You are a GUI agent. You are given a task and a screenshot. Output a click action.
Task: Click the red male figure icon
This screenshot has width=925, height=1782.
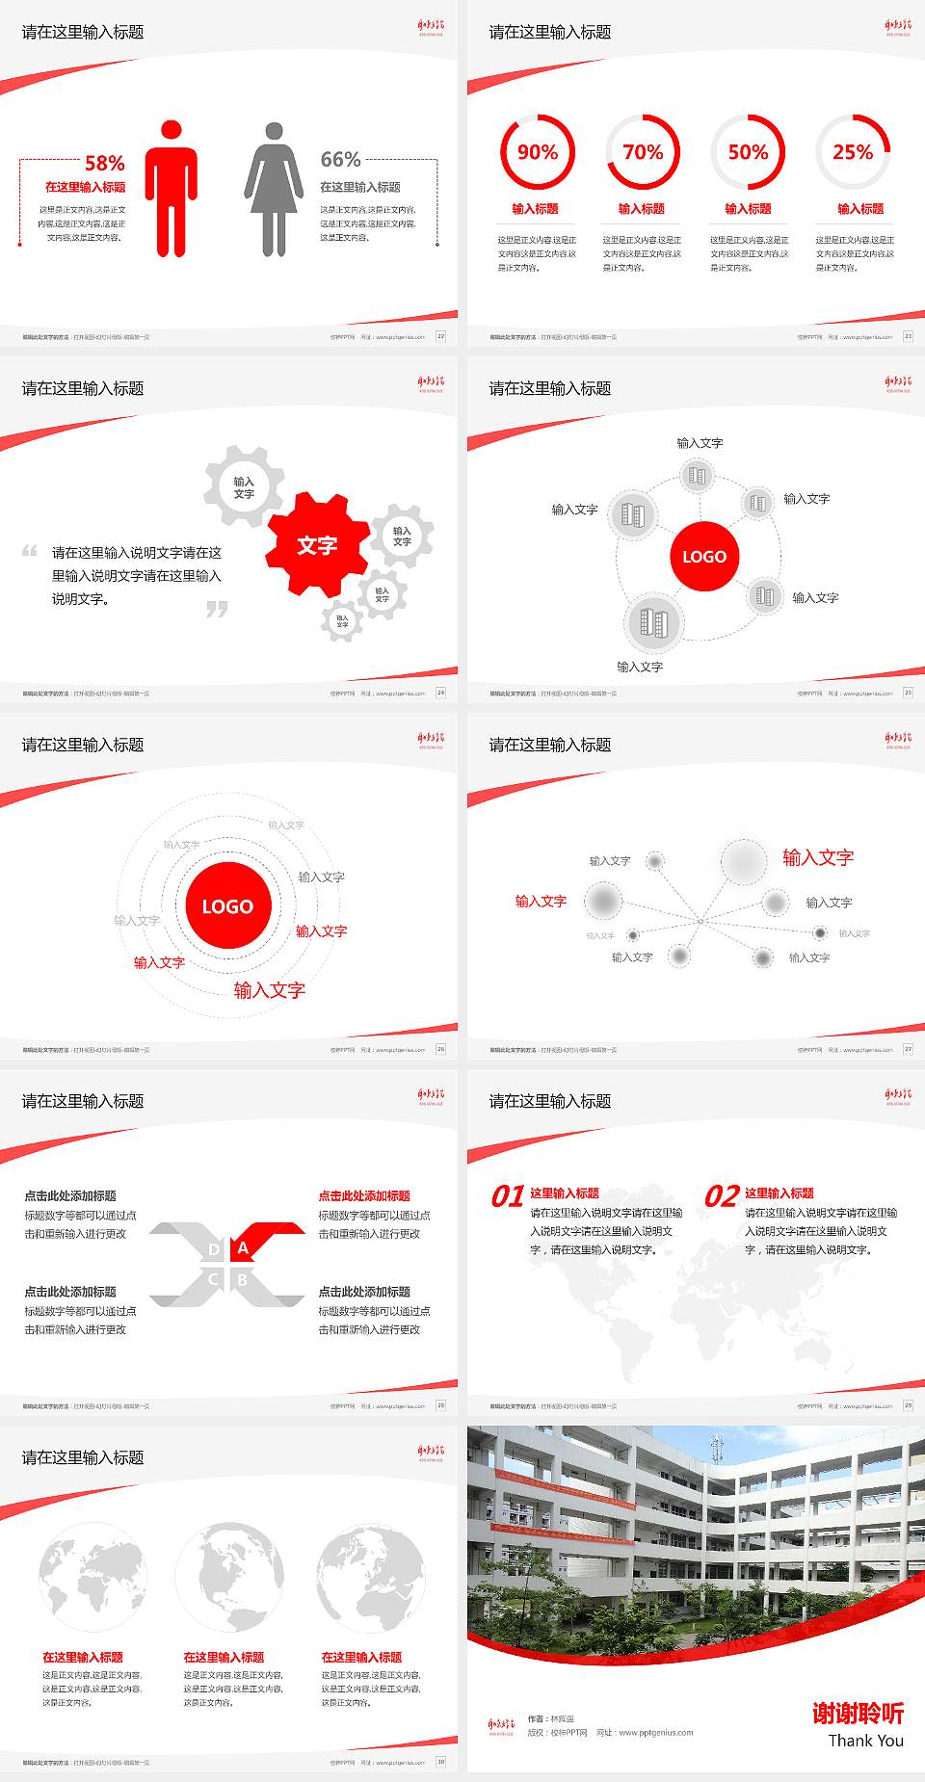[x=172, y=189]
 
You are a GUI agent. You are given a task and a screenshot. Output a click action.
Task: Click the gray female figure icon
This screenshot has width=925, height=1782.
[x=274, y=189]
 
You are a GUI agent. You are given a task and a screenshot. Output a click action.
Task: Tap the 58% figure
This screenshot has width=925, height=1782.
[x=104, y=163]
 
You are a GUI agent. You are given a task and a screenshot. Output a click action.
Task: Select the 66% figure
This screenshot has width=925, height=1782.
[x=340, y=159]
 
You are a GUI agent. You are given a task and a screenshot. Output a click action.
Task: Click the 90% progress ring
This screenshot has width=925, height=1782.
[x=537, y=152]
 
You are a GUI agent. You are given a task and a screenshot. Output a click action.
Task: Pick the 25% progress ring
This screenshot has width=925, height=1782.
[x=853, y=152]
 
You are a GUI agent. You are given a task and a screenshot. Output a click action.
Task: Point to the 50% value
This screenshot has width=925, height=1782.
[x=748, y=152]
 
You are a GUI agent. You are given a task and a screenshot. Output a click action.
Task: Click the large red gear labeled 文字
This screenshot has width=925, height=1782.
[x=317, y=545]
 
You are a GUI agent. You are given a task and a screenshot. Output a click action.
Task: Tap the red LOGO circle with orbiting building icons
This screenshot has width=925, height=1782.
[x=704, y=557]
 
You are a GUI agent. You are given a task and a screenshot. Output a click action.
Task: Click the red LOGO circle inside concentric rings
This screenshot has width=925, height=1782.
[x=227, y=906]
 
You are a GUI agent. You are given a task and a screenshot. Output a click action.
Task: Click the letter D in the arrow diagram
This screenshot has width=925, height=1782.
[x=214, y=1249]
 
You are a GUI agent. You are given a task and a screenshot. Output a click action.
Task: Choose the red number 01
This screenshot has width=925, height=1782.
[x=508, y=1196]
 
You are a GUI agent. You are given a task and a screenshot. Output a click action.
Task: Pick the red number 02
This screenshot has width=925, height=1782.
[x=722, y=1196]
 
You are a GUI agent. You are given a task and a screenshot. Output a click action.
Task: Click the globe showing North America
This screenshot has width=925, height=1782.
[x=229, y=1578]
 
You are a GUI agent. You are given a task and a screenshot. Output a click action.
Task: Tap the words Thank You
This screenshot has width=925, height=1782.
[x=865, y=1741]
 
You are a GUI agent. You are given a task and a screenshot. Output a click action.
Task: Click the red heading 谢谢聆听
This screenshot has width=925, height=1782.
[x=858, y=1714]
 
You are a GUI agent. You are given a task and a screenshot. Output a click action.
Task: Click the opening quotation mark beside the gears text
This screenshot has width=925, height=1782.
[x=30, y=551]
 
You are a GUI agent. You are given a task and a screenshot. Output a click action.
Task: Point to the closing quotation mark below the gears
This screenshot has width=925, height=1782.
[x=217, y=609]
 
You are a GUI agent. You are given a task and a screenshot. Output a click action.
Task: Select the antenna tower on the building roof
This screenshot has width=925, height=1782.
[x=716, y=1448]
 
